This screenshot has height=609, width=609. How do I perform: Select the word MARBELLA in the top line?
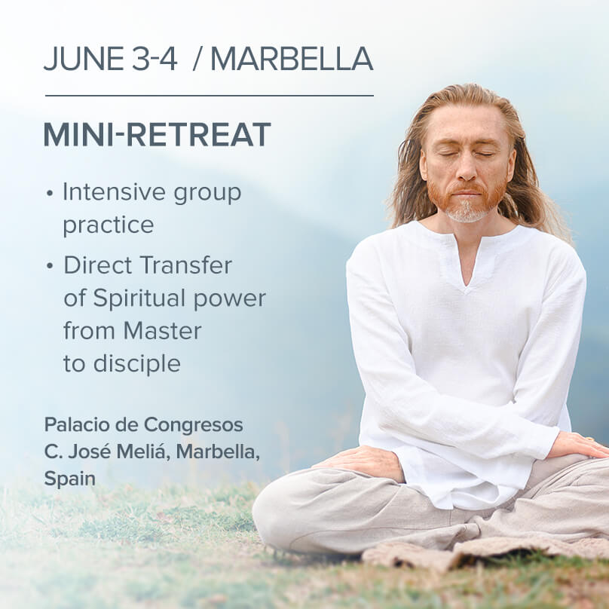292,59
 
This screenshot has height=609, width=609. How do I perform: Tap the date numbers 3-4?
155,59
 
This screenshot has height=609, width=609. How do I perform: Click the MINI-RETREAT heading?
157,134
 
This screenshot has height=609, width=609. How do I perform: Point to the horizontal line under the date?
210,95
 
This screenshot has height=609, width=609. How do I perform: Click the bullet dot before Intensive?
49,193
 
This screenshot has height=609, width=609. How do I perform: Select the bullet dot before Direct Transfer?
49,266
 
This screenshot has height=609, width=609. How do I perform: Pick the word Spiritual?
139,298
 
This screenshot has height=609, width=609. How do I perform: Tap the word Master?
162,331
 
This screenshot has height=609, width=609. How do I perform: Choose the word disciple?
136,363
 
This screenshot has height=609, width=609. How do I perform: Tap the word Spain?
70,479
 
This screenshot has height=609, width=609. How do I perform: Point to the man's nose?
467,168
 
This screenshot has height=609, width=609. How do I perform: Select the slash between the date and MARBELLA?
197,59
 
